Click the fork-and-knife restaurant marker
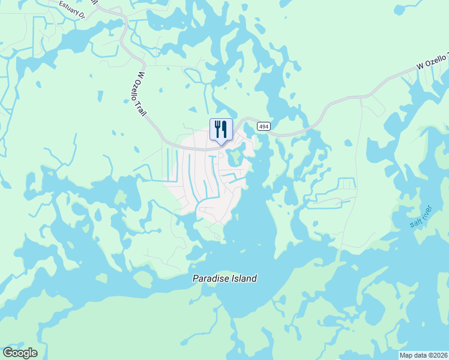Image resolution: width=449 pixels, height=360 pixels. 221,129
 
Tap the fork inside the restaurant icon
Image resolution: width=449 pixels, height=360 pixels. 217,128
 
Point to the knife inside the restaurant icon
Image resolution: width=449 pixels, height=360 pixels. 224,128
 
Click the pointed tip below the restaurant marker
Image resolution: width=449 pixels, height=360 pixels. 221,144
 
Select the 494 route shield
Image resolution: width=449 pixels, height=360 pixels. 263,126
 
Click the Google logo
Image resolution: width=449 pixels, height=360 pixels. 20,353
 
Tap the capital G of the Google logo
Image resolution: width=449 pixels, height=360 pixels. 8,352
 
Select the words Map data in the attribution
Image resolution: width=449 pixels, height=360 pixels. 412,355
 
